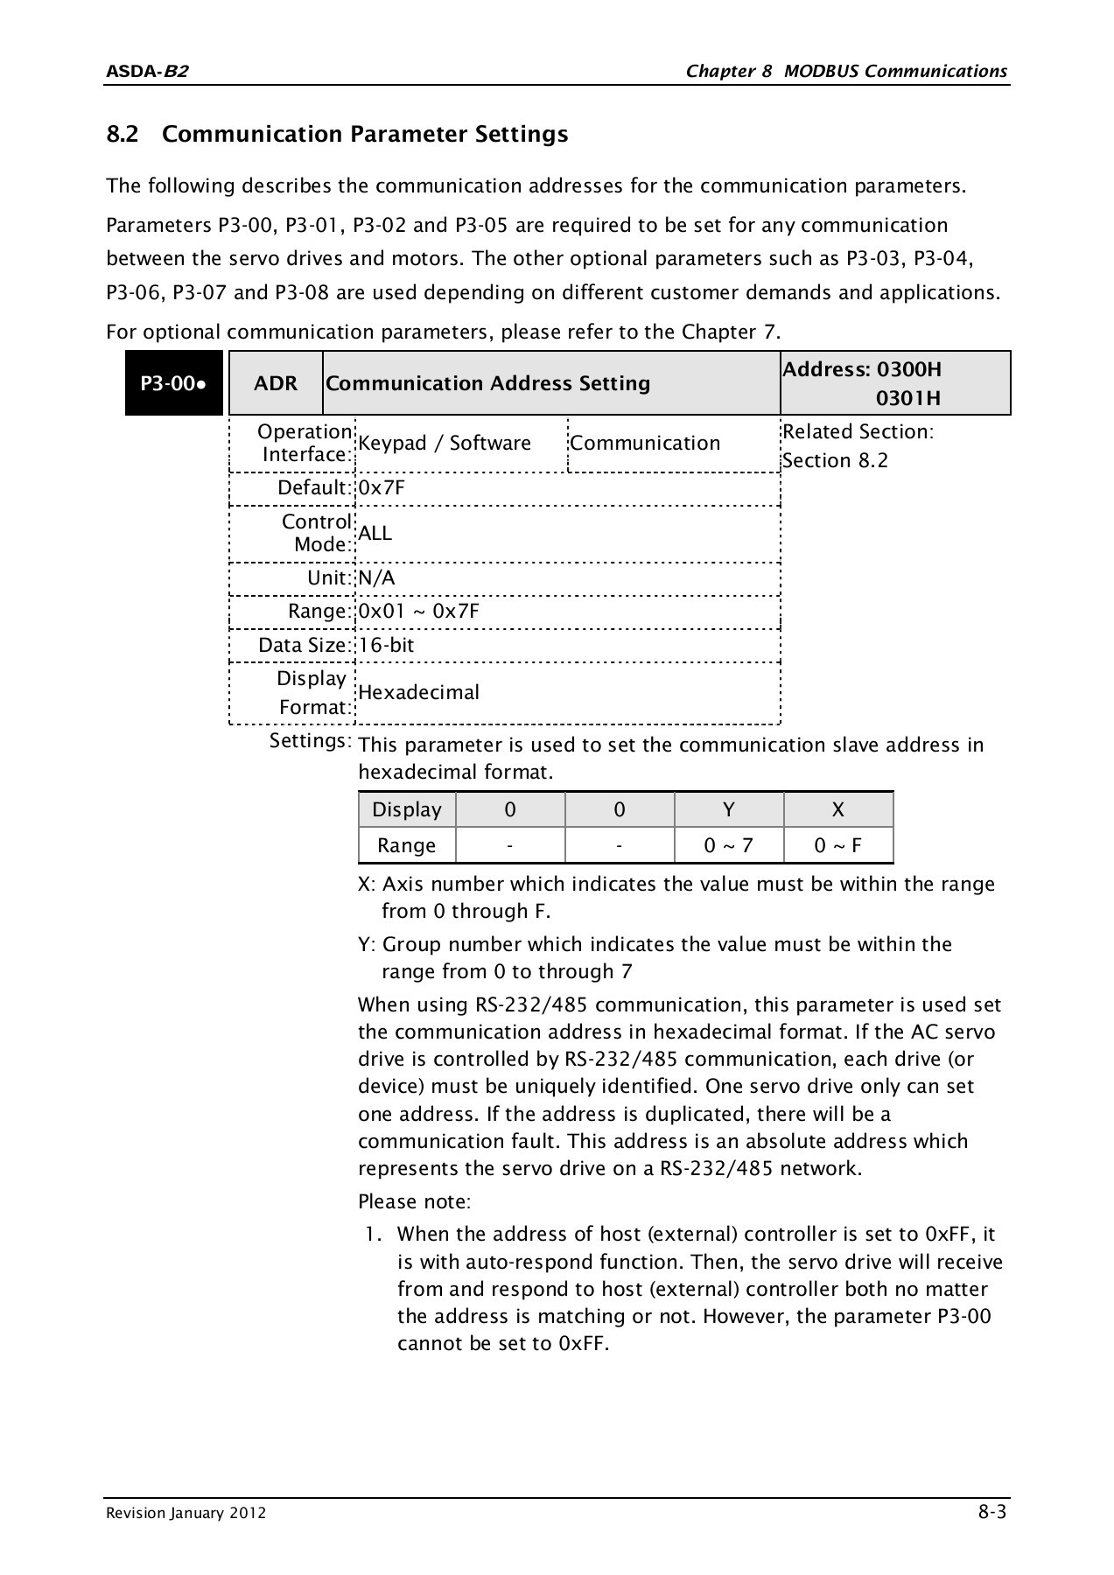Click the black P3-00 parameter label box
[x=174, y=383]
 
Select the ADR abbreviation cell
[x=276, y=383]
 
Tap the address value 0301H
[x=908, y=399]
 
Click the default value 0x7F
[x=382, y=488]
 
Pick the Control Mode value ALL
[x=375, y=534]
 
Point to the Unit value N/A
[x=377, y=578]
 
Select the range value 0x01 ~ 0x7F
[x=418, y=611]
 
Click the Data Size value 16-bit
[x=386, y=646]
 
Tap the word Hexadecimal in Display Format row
[x=419, y=693]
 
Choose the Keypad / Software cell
[x=445, y=444]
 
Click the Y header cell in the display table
[x=729, y=810]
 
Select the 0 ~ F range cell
[x=837, y=846]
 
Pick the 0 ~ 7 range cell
[x=729, y=846]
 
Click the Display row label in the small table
[x=407, y=810]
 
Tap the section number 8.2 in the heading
[x=123, y=135]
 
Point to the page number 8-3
[x=991, y=1512]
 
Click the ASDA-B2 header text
[x=146, y=72]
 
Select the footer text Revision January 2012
[x=186, y=1514]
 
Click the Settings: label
[x=310, y=741]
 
